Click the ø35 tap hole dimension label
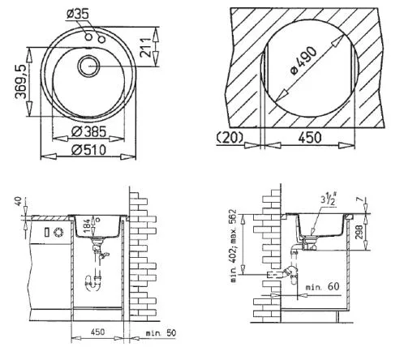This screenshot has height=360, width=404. click(78, 15)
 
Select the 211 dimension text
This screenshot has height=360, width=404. click(146, 47)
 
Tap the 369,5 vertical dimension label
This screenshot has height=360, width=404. click(21, 81)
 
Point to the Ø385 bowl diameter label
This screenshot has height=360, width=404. click(89, 132)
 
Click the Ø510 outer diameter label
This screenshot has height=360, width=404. click(89, 150)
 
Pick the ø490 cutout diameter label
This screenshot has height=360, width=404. click(303, 61)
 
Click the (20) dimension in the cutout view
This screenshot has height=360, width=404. click(230, 137)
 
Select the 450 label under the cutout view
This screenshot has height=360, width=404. click(310, 137)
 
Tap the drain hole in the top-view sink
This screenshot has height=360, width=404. click(88, 66)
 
